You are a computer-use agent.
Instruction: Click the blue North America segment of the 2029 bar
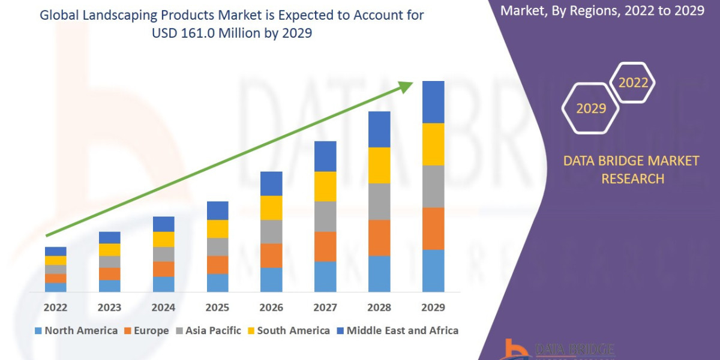point(433,271)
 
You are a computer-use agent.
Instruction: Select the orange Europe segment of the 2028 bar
point(379,238)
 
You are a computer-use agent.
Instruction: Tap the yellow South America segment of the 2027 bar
point(325,186)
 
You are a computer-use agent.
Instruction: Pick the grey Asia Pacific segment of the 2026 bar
point(271,232)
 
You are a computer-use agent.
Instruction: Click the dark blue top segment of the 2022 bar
point(56,251)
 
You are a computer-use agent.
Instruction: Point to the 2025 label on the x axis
point(217,308)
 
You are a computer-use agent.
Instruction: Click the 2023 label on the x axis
point(109,308)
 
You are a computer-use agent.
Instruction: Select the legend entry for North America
point(76,331)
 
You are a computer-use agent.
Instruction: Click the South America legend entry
point(287,331)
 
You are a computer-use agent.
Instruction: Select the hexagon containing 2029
point(591,109)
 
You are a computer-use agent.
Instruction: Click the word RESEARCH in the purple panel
point(633,179)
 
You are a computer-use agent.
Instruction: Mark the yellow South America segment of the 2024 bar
point(163,239)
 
